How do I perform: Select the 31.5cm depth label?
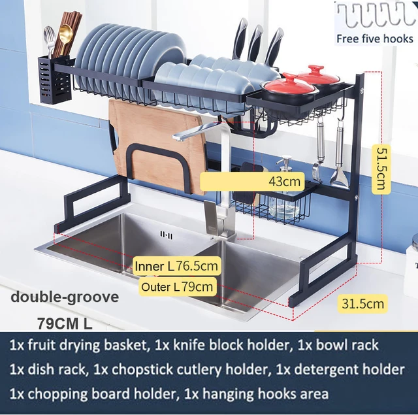(x=362, y=303)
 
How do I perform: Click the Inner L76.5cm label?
(x=176, y=266)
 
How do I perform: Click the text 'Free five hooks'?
(x=375, y=39)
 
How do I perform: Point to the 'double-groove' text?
(x=65, y=297)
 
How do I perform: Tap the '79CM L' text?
(x=65, y=323)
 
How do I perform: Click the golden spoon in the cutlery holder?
(x=66, y=36)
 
